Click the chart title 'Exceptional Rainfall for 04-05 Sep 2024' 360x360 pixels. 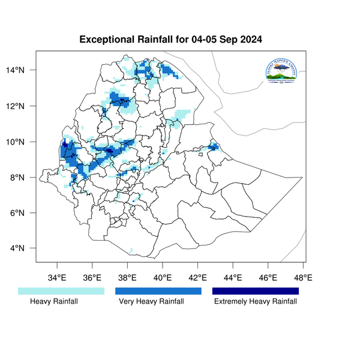coord(171,40)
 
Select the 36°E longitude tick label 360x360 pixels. coord(92,278)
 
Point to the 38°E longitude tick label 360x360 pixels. coord(127,278)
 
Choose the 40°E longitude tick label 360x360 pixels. coord(163,278)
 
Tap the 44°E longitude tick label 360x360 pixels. coord(233,278)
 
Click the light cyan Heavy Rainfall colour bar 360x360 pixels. coord(61,291)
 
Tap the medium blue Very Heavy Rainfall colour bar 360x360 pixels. coord(158,291)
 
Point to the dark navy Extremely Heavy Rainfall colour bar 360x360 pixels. coord(256,291)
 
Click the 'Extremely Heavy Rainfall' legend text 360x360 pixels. coord(256,302)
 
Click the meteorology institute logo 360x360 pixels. coord(280,73)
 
